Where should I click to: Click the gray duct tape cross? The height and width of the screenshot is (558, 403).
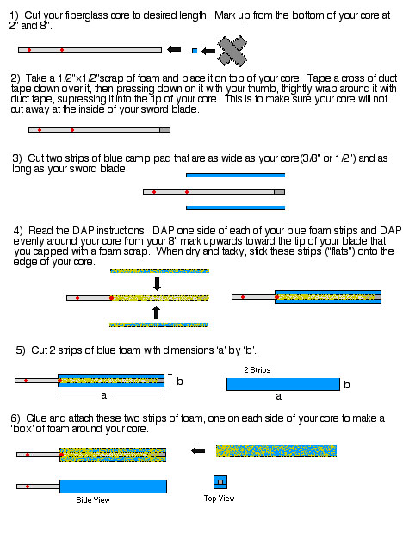(x=232, y=52)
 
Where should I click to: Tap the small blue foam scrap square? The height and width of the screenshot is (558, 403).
(x=195, y=51)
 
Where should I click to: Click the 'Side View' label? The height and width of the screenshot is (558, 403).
(x=93, y=500)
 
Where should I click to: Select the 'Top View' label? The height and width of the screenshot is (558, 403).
(x=220, y=499)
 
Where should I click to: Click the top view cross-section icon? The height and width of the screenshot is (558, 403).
(x=220, y=482)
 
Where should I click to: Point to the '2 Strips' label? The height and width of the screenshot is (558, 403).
(x=257, y=370)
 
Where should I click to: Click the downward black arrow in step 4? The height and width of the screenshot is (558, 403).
(x=157, y=284)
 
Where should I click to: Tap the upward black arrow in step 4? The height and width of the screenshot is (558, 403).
(x=156, y=313)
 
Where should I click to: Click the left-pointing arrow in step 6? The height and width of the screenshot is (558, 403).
(x=198, y=451)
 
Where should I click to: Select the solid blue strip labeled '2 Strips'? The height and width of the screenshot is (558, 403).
(x=283, y=384)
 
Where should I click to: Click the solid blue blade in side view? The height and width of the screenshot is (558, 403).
(x=113, y=487)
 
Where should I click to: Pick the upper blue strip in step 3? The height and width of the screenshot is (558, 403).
(x=235, y=176)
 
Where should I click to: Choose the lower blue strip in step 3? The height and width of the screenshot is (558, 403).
(x=235, y=208)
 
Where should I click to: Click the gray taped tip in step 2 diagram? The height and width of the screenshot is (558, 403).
(x=164, y=130)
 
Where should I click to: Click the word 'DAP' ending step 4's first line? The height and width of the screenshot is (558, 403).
(x=391, y=231)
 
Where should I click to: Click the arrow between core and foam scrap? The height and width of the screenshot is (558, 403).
(x=174, y=49)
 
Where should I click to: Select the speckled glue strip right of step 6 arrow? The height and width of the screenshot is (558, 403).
(x=276, y=451)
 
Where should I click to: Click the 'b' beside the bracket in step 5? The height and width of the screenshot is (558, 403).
(x=180, y=381)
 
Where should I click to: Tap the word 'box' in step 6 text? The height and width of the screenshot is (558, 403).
(x=22, y=429)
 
